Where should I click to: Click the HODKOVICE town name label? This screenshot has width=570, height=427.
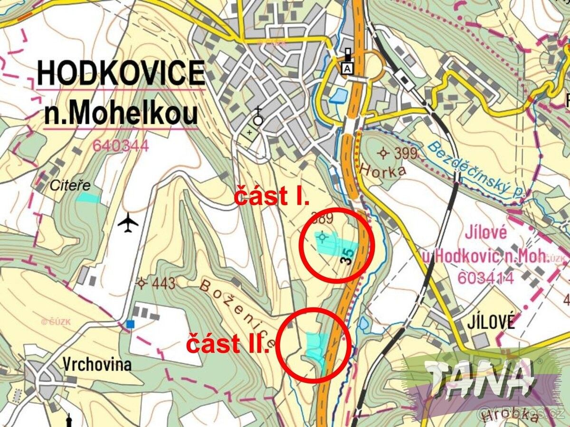[121, 74]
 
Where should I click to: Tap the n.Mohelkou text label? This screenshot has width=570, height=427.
[121, 114]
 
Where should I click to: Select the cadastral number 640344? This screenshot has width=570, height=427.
[121, 145]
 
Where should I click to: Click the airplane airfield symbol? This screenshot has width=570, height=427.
[128, 223]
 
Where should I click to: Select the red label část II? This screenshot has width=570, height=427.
[228, 343]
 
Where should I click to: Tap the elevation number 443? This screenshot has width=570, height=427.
[164, 284]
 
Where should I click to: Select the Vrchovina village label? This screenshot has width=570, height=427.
[96, 364]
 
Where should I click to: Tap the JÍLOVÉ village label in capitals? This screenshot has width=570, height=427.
[491, 322]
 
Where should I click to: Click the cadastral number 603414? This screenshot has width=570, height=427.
[485, 278]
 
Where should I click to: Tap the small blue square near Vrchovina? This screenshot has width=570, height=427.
[131, 324]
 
